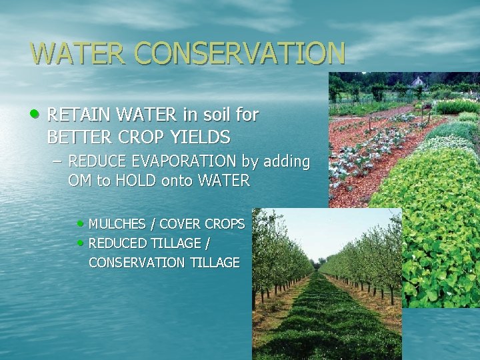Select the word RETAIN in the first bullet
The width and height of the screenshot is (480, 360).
[x=75, y=115]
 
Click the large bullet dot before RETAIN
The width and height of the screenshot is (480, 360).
[x=37, y=115]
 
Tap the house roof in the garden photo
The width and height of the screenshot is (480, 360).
[x=418, y=82]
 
